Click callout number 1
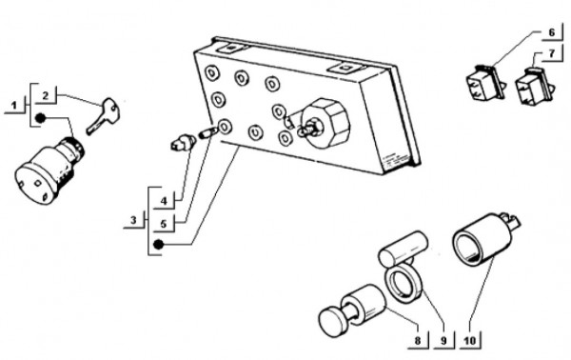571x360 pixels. (x=14, y=106)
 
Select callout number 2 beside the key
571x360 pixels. (x=46, y=96)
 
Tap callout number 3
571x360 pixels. (x=133, y=220)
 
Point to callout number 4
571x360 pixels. (x=164, y=201)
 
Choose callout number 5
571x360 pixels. (x=164, y=224)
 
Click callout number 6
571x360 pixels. (x=552, y=32)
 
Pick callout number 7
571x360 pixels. (x=552, y=53)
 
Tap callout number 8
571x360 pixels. (x=418, y=341)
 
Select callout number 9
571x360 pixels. (x=443, y=341)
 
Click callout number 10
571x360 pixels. (x=470, y=341)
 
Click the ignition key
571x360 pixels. (x=103, y=116)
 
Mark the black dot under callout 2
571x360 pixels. (x=41, y=118)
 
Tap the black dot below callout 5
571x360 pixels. (x=158, y=245)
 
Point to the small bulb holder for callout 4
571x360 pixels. (x=183, y=143)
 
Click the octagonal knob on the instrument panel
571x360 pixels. (x=325, y=123)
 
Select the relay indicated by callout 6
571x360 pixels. (x=486, y=83)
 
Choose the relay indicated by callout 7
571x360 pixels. (x=534, y=86)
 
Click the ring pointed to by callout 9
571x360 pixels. (x=404, y=284)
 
